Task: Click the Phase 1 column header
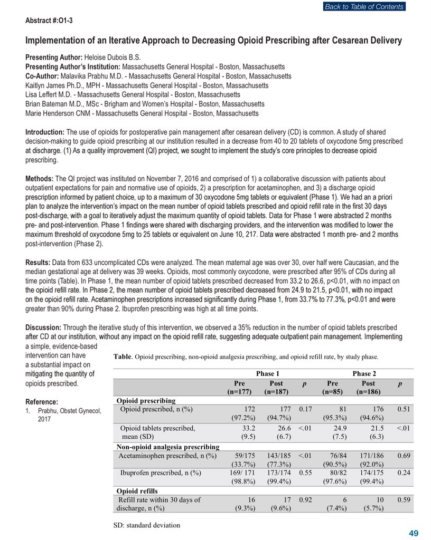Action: pyautogui.click(x=265, y=373)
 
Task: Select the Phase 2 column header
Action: pyautogui.click(x=364, y=373)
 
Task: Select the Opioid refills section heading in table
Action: pyautogui.click(x=138, y=491)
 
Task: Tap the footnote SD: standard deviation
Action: pyautogui.click(x=146, y=525)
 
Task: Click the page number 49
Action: pyautogui.click(x=414, y=533)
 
